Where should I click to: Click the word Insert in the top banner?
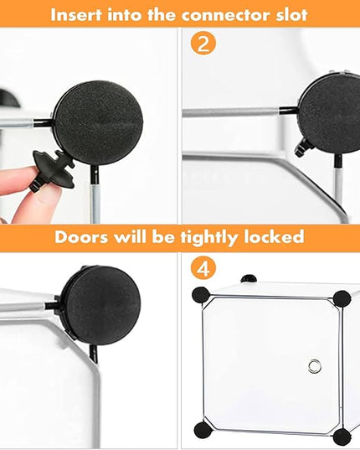76,15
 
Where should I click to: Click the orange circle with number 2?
203,44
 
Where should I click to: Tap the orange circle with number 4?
203,268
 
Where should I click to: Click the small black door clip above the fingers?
53,169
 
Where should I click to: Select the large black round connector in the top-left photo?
97,123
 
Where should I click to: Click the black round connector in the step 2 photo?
330,113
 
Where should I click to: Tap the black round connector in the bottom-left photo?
101,304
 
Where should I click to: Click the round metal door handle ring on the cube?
315,366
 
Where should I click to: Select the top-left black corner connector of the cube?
201,295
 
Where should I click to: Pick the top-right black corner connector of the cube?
342,299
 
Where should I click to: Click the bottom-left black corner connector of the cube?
203,431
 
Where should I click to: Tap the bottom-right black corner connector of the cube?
342,437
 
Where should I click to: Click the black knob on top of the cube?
249,278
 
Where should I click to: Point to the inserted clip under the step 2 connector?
303,147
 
